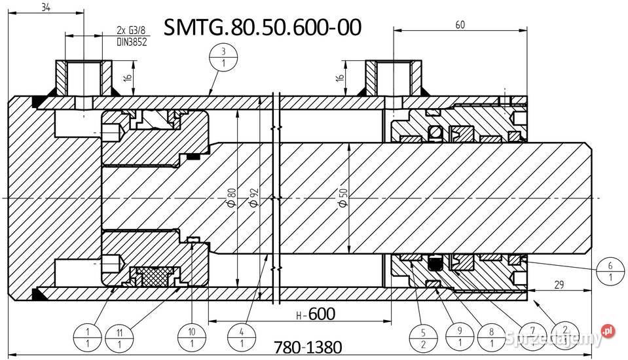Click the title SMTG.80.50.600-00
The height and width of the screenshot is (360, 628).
(261, 27)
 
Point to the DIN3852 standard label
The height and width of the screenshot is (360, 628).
(132, 42)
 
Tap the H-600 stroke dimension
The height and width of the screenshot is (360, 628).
(315, 314)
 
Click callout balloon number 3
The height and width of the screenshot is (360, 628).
(224, 57)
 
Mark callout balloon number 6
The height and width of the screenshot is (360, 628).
(610, 271)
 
